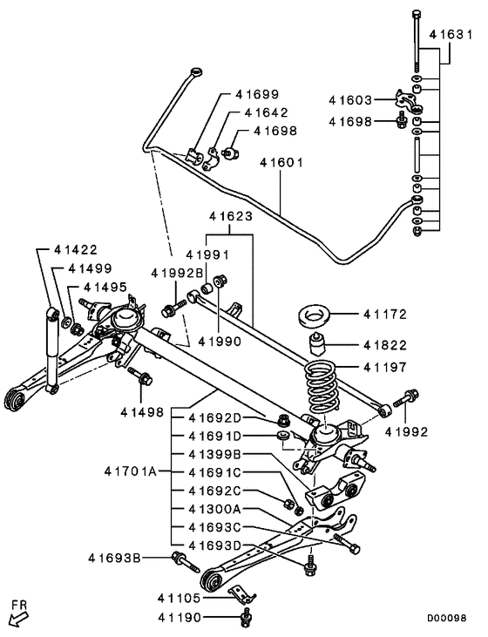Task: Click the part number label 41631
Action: [451, 36]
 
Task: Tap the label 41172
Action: [385, 313]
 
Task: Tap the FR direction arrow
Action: [17, 616]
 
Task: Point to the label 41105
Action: [179, 598]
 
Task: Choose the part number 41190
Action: [179, 617]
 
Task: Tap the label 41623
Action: [230, 214]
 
